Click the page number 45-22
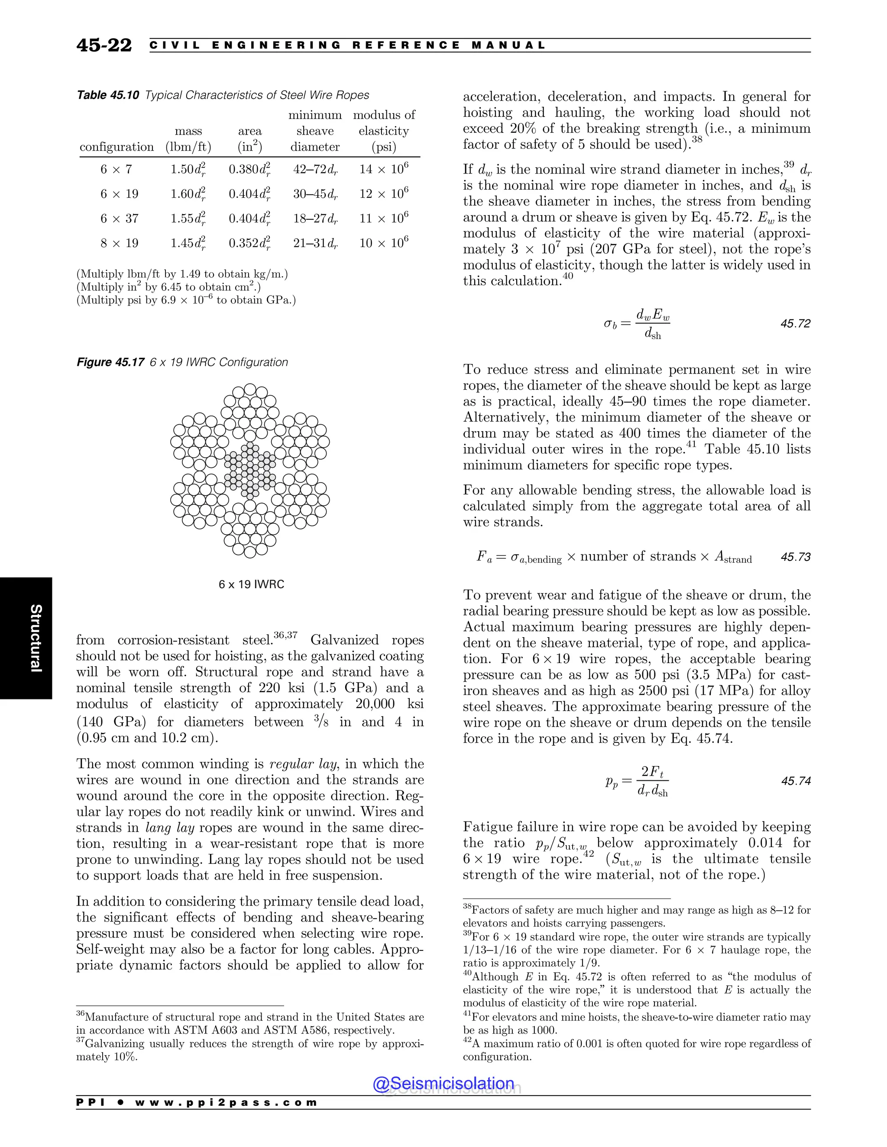coord(104,46)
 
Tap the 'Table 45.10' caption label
coord(108,95)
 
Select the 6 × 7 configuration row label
coord(116,169)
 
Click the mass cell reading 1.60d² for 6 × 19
coord(188,194)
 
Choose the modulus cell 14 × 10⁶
coord(384,169)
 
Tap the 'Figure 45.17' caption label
coord(110,362)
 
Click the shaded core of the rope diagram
coord(250,470)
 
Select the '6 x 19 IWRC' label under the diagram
coord(251,584)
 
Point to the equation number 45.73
coord(795,557)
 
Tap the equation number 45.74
coord(795,781)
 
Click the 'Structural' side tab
coord(35,638)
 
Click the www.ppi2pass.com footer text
coord(226,1102)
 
